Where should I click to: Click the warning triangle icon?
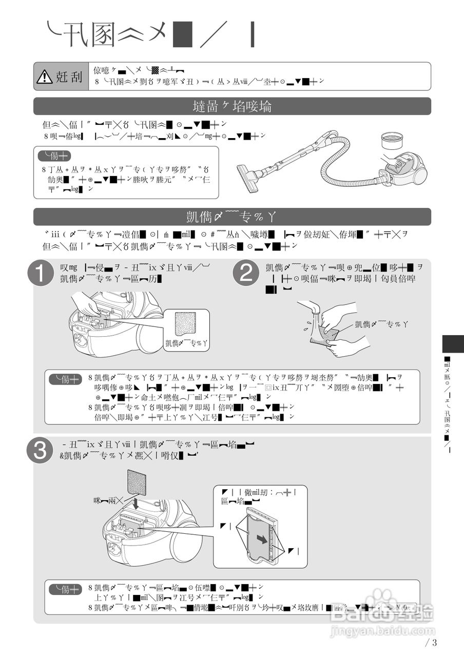pos(44,77)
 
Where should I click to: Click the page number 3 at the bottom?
pos(435,642)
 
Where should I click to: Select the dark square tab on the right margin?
pos(452,343)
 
